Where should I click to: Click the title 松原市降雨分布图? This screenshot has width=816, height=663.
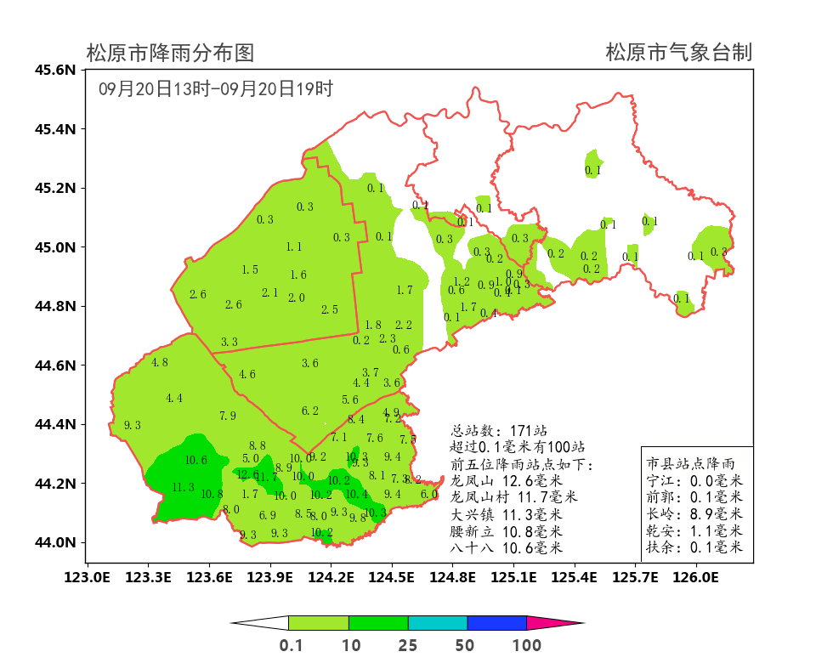tap(170, 54)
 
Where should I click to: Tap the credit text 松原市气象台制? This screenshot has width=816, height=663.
tap(678, 54)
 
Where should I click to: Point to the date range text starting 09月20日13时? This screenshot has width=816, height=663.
tap(215, 88)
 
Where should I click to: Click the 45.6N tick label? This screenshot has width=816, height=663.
tap(55, 70)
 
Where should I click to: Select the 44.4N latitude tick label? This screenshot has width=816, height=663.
tap(55, 424)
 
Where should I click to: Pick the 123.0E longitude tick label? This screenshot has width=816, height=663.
tap(87, 578)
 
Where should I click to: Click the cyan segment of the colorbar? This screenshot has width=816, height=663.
tap(438, 623)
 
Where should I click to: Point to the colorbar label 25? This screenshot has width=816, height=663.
tap(408, 645)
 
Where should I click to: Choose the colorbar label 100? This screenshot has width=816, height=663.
tap(527, 645)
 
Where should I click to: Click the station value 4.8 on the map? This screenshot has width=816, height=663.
tap(160, 363)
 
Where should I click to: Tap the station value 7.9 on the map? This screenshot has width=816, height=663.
tap(228, 416)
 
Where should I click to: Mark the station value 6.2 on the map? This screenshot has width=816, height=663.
tap(310, 411)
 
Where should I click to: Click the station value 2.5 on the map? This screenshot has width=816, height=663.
tap(330, 310)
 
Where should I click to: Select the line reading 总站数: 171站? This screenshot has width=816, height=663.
tap(499, 431)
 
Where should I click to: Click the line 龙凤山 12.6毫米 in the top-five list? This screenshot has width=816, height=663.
tap(506, 481)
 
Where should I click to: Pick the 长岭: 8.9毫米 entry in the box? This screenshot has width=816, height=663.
tap(694, 514)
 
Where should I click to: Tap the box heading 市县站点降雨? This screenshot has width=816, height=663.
tap(689, 464)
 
